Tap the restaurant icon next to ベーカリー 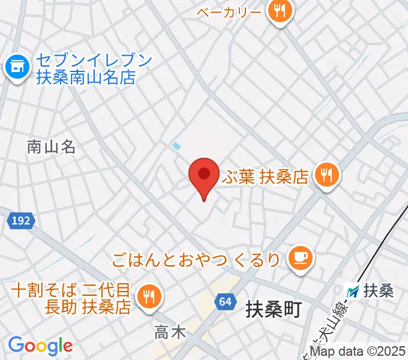tap(279, 11)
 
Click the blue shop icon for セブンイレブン tap(16, 68)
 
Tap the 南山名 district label tap(51, 146)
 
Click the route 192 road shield tap(20, 221)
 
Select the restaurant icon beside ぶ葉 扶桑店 tap(327, 176)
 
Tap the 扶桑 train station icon tap(355, 292)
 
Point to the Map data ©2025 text tap(358, 351)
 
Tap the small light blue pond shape tap(176, 145)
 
